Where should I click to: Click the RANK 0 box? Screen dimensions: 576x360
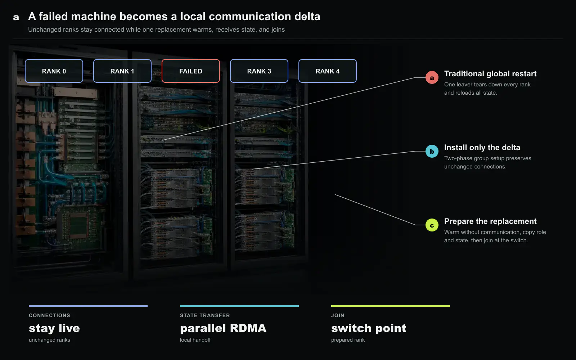(x=54, y=71)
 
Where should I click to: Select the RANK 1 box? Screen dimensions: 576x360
(x=122, y=71)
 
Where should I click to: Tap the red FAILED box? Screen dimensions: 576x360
(x=191, y=71)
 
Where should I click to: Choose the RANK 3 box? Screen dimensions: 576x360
(x=259, y=71)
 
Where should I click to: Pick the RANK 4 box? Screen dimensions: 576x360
(x=328, y=71)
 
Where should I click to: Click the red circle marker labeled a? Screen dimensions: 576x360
(x=432, y=77)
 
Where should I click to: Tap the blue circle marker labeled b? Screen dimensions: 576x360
(x=432, y=151)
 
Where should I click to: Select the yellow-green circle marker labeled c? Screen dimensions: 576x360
(x=432, y=225)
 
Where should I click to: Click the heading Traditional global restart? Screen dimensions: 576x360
(x=490, y=74)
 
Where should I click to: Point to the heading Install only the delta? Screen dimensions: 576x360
(x=482, y=148)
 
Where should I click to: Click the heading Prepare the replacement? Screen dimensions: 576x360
(x=490, y=221)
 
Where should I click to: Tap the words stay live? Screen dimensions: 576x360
(x=54, y=328)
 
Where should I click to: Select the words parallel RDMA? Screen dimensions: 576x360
(x=223, y=328)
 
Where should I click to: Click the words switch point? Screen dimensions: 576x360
(x=369, y=328)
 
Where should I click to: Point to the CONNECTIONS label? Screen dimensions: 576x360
(x=49, y=315)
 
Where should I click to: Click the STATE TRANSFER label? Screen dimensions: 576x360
(x=205, y=315)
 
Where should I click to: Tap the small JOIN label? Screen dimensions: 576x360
(x=338, y=315)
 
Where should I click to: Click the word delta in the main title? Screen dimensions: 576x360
(x=307, y=17)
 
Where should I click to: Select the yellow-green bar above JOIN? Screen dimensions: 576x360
(x=391, y=306)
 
